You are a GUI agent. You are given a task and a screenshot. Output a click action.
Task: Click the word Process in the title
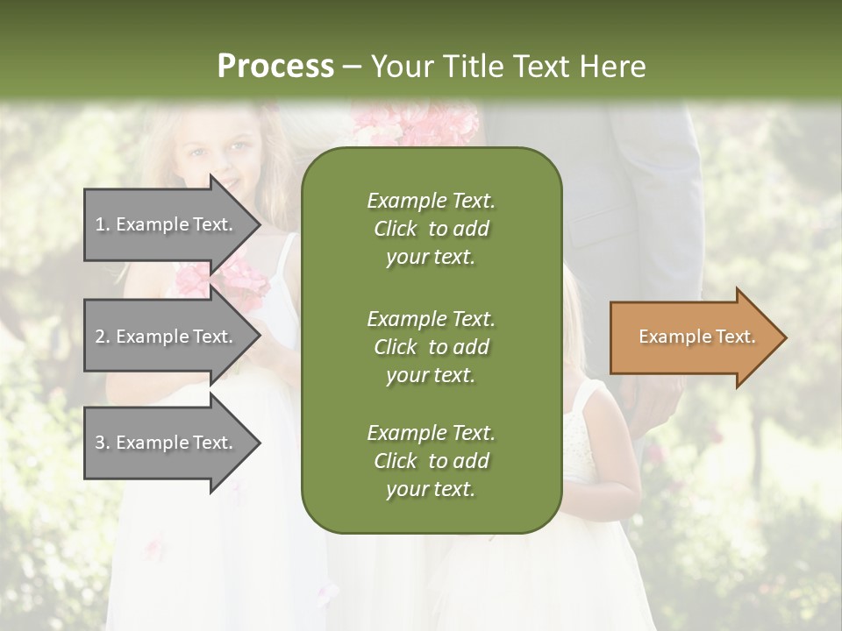pos(275,67)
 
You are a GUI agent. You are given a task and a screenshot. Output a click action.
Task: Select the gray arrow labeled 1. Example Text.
pos(167,224)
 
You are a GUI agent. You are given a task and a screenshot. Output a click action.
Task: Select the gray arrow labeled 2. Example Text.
pos(167,337)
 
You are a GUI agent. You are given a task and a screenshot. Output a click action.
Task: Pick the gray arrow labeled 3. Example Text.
pos(167,443)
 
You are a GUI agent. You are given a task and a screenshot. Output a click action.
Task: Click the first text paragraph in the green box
pos(431,229)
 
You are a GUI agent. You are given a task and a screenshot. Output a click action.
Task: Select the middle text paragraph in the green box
pos(431,346)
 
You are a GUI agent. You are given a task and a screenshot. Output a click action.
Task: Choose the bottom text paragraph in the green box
pos(431,461)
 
